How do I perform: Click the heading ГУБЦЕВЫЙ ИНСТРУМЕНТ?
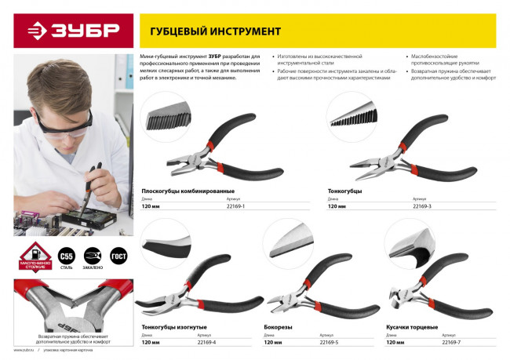tap(209, 31)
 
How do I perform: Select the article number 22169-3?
tap(422, 205)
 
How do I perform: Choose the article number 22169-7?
tap(451, 343)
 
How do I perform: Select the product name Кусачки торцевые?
tap(412, 326)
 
